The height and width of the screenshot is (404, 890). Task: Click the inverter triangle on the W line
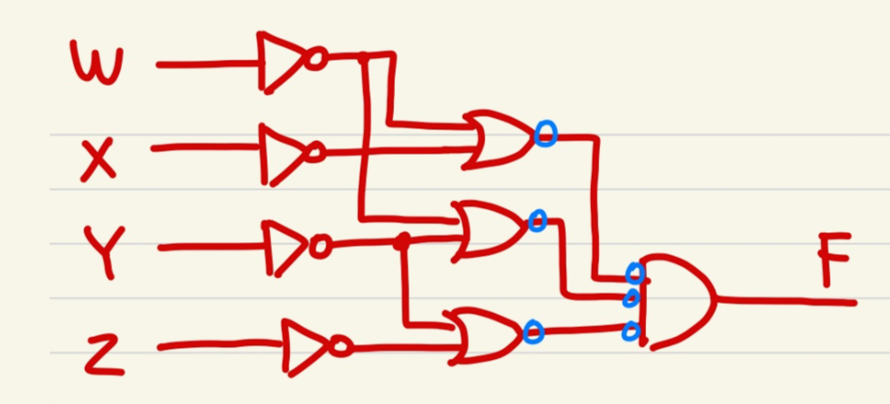(x=282, y=62)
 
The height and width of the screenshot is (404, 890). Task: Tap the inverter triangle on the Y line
(x=286, y=245)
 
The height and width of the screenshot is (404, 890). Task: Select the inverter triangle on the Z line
(x=306, y=346)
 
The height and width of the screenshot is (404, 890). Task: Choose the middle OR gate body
(x=489, y=229)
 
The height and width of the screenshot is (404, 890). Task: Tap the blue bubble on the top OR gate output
(x=545, y=135)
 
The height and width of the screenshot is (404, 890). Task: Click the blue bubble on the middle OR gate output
(x=538, y=220)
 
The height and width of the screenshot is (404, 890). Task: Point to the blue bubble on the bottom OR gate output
(x=532, y=332)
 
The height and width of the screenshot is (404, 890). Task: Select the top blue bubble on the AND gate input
(x=634, y=271)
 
